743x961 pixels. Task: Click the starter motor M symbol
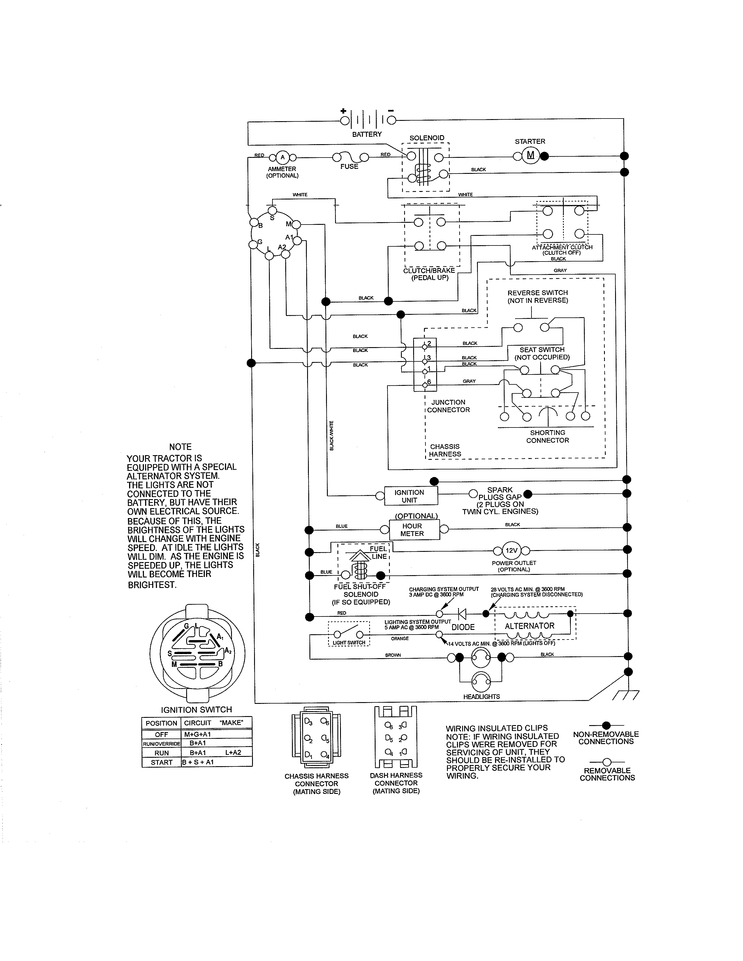click(530, 155)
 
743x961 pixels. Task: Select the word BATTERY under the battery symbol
click(367, 134)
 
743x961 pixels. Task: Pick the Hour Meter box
click(415, 530)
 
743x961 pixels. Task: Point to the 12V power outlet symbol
click(511, 550)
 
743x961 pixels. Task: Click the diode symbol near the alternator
click(462, 613)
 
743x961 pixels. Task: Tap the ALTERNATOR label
click(529, 626)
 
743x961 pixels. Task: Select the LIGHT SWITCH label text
click(349, 643)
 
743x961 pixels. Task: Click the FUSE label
click(349, 166)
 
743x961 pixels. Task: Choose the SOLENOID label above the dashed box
click(427, 138)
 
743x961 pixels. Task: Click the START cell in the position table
click(161, 762)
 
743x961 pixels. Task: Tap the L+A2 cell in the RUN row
click(233, 752)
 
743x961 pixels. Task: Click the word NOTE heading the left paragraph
click(180, 447)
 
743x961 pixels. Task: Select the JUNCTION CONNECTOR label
click(448, 406)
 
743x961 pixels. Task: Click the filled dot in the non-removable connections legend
click(606, 725)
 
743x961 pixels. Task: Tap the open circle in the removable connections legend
click(607, 762)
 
